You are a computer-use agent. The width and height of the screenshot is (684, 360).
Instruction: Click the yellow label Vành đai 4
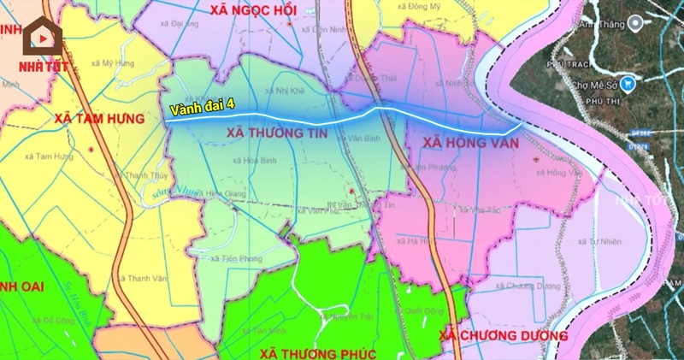202,109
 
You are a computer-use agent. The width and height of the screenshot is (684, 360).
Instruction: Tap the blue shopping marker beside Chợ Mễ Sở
629,84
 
